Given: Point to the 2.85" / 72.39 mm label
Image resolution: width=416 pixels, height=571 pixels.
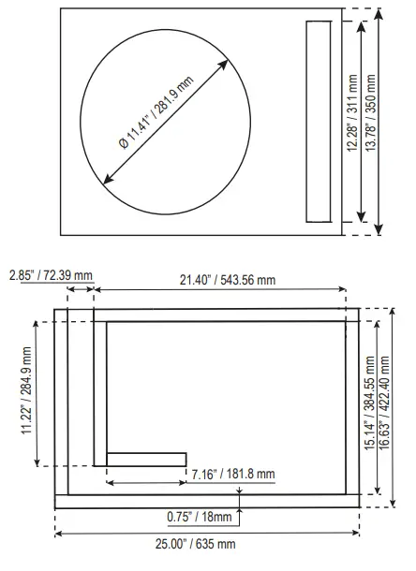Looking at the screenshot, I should click(x=52, y=276).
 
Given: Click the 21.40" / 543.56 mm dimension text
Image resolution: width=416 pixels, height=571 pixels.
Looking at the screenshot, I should click(x=228, y=279).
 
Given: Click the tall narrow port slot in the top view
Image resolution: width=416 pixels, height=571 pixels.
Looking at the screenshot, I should click(x=319, y=122).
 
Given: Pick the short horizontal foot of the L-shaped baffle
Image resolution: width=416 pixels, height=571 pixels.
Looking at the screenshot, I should click(x=147, y=459).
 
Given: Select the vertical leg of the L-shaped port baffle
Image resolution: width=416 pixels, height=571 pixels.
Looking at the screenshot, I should click(x=99, y=393).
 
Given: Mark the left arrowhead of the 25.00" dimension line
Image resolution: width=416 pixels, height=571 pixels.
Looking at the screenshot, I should click(x=58, y=534).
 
